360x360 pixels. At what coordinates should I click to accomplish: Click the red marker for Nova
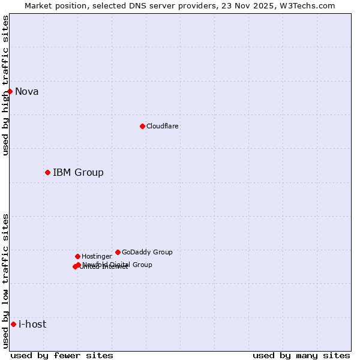coord(10,91)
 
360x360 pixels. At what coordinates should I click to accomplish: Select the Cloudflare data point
coord(142,126)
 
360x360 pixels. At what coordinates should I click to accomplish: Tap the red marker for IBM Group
coord(47,172)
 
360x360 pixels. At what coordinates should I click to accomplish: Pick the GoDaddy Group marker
coord(118,252)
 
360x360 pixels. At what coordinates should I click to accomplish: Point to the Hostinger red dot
coord(77,256)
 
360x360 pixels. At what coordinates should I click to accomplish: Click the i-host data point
coord(13,324)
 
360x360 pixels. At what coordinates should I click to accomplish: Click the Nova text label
coord(27,92)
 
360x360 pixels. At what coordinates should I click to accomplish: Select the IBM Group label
coord(78,173)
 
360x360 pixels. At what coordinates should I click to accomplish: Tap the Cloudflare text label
coord(163,127)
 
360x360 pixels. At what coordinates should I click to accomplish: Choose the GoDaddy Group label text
coord(147,253)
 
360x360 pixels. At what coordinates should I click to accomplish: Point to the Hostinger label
coord(97,257)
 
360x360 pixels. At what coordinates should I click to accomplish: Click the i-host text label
coord(32,325)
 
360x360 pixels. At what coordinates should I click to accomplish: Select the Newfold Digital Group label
coord(118,265)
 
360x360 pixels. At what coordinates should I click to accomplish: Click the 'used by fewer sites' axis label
coord(62,356)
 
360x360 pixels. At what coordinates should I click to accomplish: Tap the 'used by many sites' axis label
coord(301,356)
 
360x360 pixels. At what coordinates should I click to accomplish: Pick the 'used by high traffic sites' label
coord(5,86)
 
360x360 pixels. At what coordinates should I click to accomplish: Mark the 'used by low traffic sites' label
coord(5,280)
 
